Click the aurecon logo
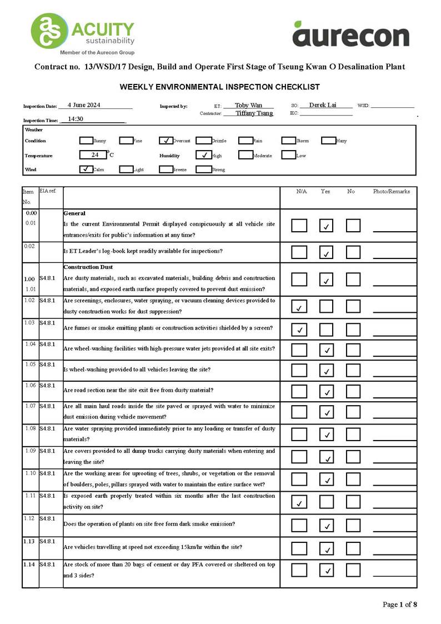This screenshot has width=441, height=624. click(x=350, y=34)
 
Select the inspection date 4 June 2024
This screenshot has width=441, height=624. click(x=84, y=105)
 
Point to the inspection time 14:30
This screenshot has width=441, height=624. click(x=76, y=119)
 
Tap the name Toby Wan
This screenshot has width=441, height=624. click(x=248, y=105)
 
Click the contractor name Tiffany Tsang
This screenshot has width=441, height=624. click(x=254, y=113)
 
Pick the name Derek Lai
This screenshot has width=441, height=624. click(x=323, y=105)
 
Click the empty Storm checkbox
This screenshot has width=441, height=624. click(x=288, y=141)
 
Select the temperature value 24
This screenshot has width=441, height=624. click(x=95, y=155)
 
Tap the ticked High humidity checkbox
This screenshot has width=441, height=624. click(x=203, y=155)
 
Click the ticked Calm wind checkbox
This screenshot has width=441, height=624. click(x=86, y=169)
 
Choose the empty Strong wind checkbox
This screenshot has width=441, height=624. click(x=203, y=169)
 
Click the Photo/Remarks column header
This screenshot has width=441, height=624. click(x=391, y=191)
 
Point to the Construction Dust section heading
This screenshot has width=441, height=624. click(x=88, y=267)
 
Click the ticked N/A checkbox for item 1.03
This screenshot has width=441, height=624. click(x=299, y=330)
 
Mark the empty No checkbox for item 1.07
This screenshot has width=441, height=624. click(x=353, y=412)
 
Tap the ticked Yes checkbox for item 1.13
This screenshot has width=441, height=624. click(x=326, y=548)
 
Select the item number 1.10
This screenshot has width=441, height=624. click(x=31, y=473)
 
